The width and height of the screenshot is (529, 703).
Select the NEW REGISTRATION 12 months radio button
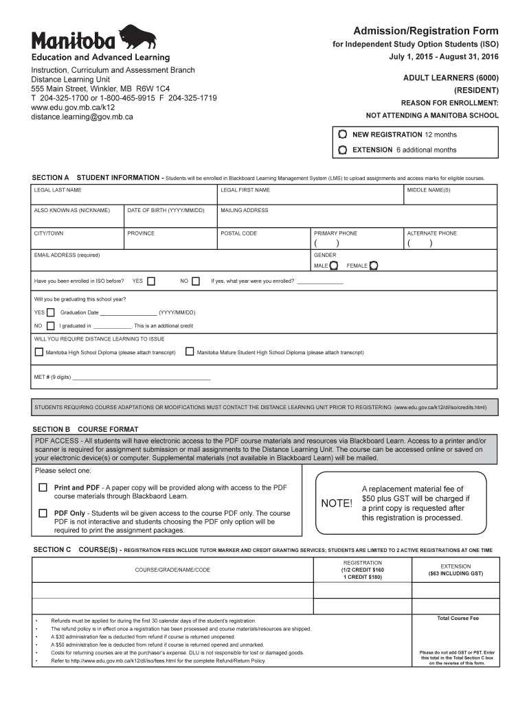tap(342, 135)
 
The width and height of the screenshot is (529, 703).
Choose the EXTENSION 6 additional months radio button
tap(342, 150)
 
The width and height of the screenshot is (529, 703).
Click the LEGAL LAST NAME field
tap(123, 198)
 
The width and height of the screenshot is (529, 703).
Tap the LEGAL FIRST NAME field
tap(310, 198)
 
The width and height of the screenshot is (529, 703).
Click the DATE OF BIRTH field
tap(170, 218)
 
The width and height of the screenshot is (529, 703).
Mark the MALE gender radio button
tap(333, 266)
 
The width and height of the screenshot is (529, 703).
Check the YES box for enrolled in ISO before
tap(151, 281)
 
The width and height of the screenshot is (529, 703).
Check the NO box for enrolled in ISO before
tap(196, 281)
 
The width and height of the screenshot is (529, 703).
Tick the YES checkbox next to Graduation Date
tap(50, 312)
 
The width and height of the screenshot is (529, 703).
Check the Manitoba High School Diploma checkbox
tap(38, 352)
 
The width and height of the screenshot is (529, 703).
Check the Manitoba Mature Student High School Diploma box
tap(190, 352)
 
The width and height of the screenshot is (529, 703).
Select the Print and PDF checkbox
tap(43, 488)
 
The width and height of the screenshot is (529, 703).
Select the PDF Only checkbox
tap(43, 513)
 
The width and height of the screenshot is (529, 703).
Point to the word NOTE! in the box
tap(337, 503)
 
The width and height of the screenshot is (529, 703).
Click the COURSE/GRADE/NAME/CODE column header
tap(172, 570)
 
